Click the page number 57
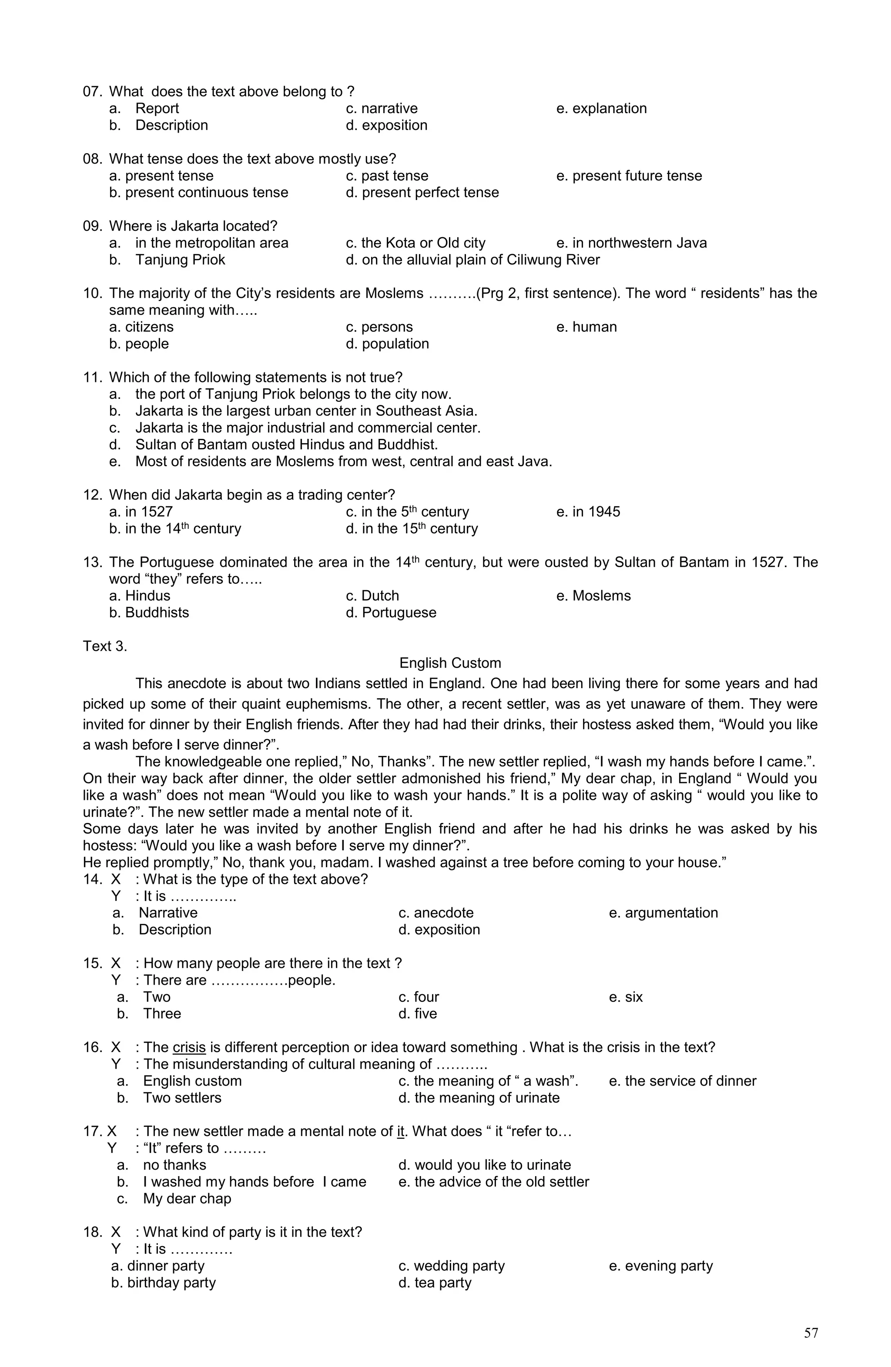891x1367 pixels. pos(811,1333)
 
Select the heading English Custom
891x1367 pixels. pos(450,663)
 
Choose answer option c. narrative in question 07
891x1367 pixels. pos(382,109)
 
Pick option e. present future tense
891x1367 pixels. pos(629,176)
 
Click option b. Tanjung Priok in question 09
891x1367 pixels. pos(167,260)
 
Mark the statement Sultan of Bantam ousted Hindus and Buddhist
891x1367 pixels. pos(286,445)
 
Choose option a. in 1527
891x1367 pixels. pos(141,512)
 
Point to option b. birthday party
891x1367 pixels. pos(163,1283)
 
